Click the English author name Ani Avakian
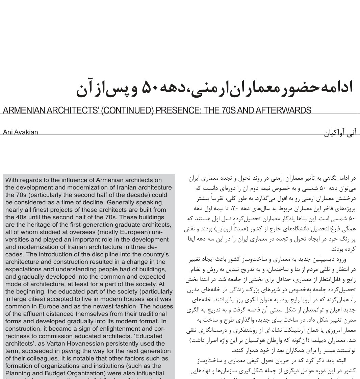pos(20,132)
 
